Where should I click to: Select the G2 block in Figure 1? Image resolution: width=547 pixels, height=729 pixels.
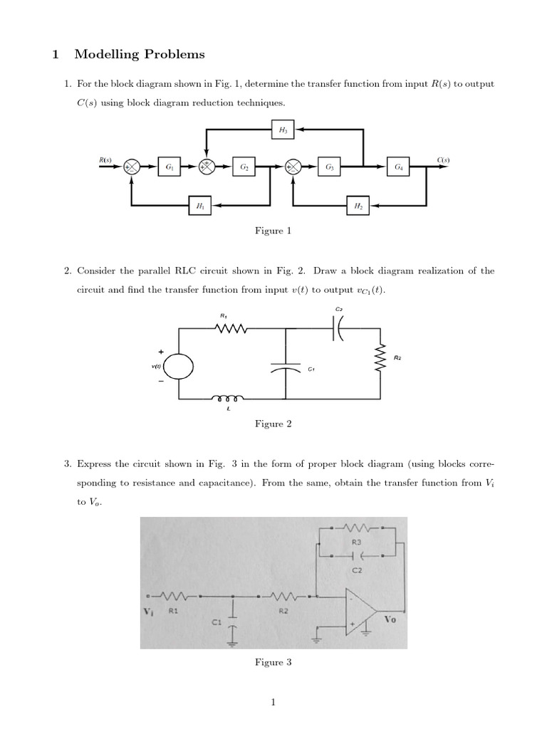244,167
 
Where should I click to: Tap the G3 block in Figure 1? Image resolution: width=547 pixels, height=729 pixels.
329,167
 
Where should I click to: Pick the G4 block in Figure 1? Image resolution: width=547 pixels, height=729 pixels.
398,167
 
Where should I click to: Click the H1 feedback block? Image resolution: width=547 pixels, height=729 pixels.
199,205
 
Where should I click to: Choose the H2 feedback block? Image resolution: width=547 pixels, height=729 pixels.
358,205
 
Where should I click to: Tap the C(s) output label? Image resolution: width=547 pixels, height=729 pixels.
443,160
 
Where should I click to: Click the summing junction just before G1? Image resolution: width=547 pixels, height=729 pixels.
132,167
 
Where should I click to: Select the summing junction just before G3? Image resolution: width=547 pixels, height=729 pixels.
293,167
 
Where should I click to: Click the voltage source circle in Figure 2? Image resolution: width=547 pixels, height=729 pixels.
179,367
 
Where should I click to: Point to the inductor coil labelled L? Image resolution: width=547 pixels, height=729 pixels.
226,398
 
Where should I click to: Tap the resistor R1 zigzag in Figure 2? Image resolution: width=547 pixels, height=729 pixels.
231,328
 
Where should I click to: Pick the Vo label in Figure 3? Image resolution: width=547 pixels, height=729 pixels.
390,619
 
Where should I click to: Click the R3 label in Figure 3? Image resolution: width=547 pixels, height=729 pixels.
356,542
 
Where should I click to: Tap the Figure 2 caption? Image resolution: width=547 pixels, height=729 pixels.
273,424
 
